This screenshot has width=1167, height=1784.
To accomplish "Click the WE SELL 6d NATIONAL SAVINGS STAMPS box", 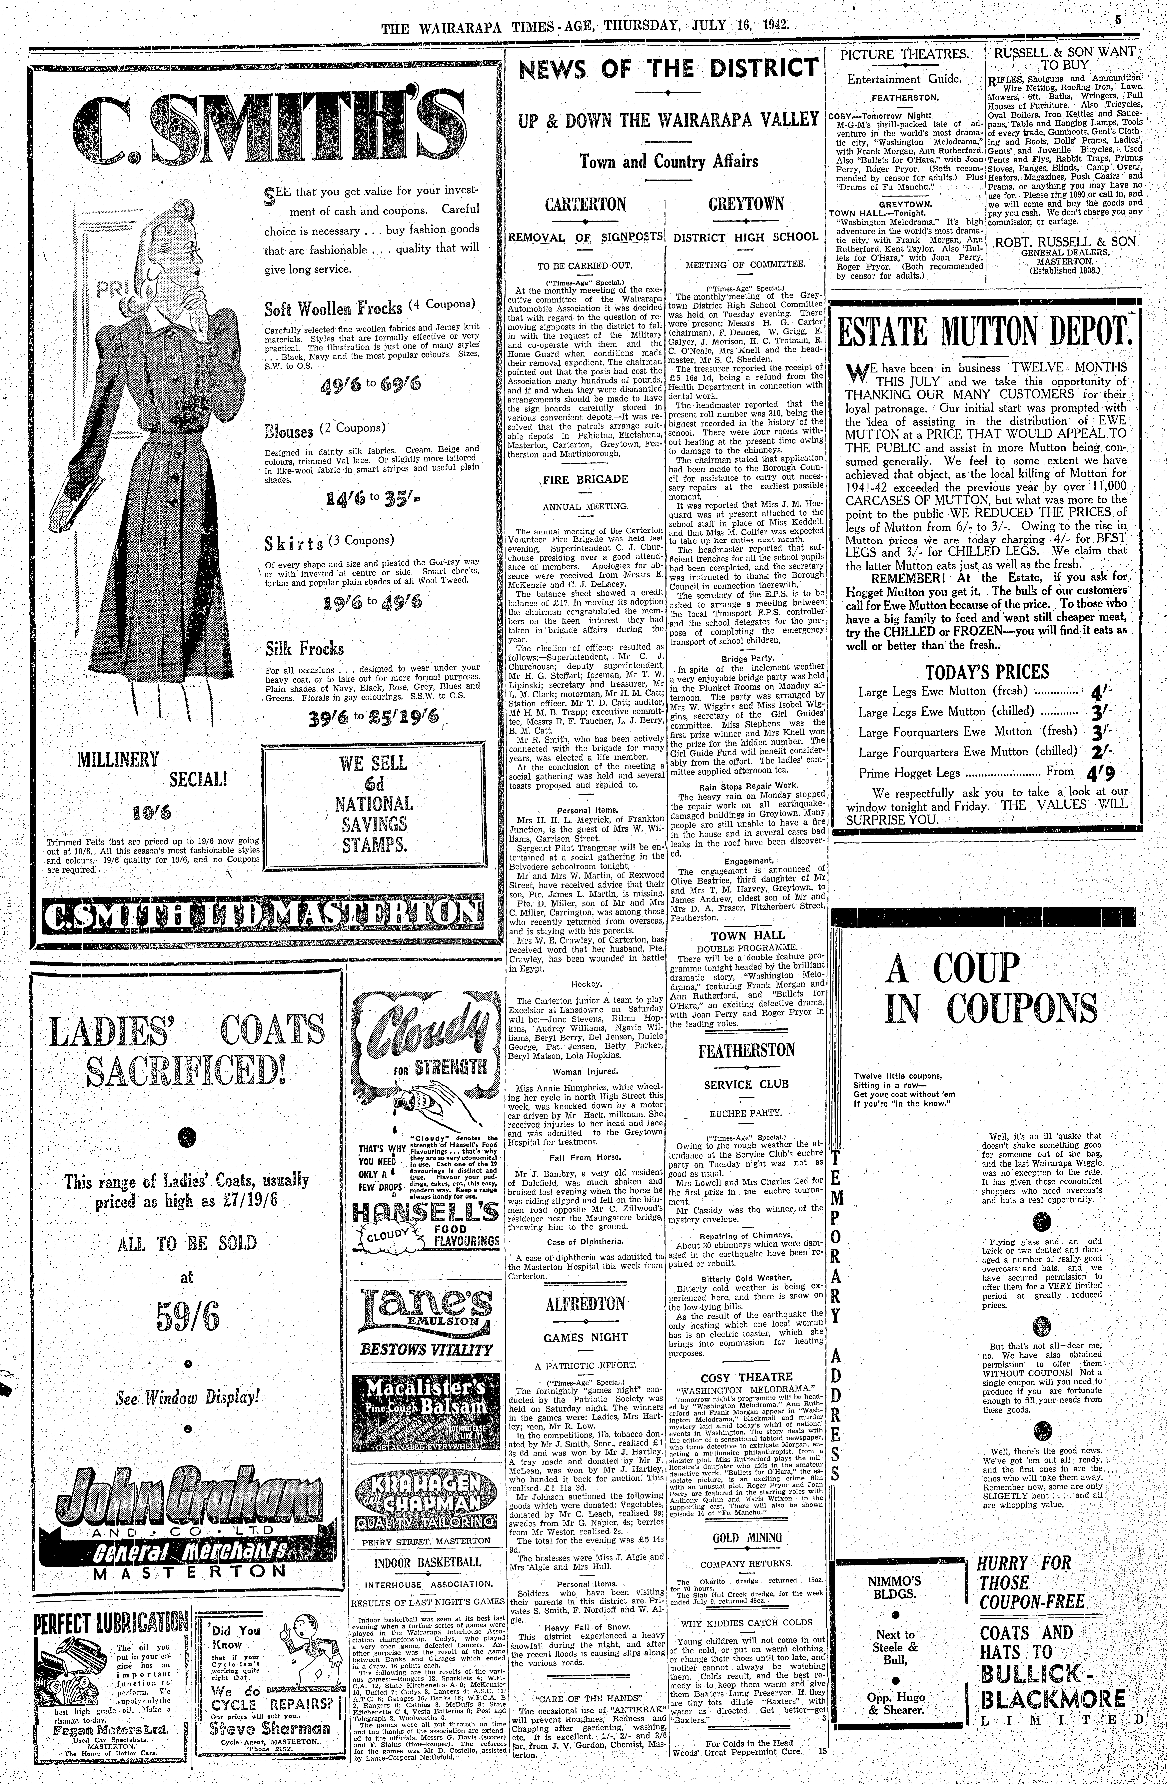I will coord(373,804).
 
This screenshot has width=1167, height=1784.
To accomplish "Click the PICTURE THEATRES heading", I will coord(904,54).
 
